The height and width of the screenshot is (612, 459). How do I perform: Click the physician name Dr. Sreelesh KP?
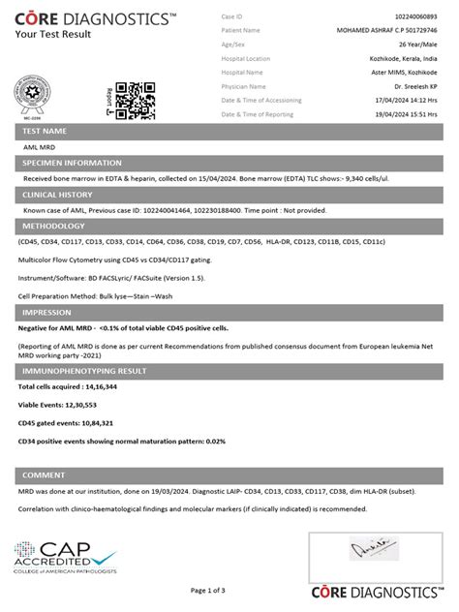point(418,86)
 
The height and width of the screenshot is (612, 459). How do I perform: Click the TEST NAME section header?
point(45,131)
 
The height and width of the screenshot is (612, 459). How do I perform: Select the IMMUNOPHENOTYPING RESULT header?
point(83,370)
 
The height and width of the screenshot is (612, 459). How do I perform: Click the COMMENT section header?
point(43,474)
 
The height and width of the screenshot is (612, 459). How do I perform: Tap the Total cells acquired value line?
point(68,386)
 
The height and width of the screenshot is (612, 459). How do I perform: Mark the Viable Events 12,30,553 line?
point(58,405)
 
